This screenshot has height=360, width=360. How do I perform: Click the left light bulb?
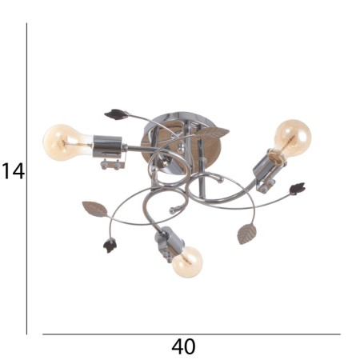pyautogui.click(x=66, y=142)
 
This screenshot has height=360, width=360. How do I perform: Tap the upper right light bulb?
pyautogui.click(x=293, y=138)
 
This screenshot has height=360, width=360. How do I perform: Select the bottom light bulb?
pyautogui.click(x=187, y=262)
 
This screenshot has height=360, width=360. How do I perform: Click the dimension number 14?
pyautogui.click(x=14, y=171)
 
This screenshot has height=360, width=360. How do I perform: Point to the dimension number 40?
pyautogui.click(x=183, y=347)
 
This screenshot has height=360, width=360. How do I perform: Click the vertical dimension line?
pyautogui.click(x=26, y=178)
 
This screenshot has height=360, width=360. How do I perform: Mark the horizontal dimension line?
pyautogui.click(x=191, y=334)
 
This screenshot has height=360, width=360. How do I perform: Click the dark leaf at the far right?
pyautogui.click(x=297, y=189)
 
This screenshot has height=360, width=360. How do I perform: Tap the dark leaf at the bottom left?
pyautogui.click(x=110, y=246)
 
